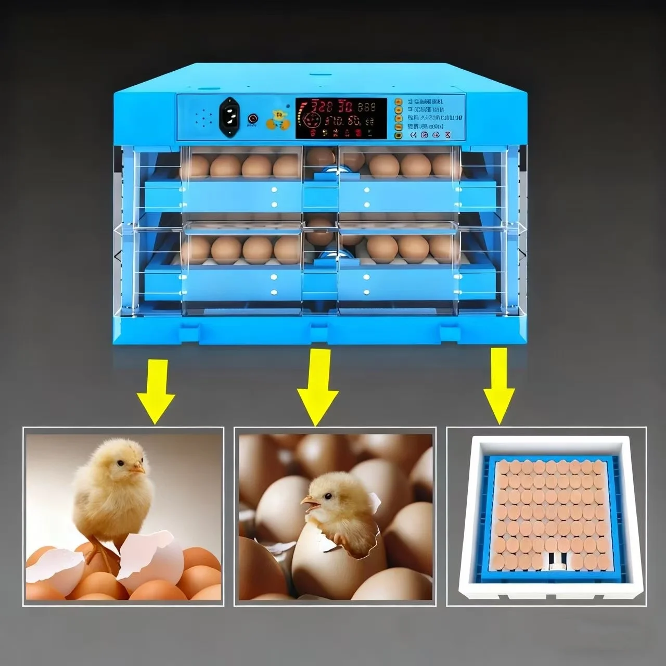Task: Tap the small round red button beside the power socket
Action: (x=253, y=118)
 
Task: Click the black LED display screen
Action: (x=341, y=118)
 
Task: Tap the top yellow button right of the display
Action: (x=398, y=102)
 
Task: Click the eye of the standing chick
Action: (x=120, y=463)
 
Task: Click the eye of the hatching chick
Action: (x=328, y=495)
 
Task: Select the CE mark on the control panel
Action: (x=414, y=135)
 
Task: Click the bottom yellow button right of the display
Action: (x=398, y=135)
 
